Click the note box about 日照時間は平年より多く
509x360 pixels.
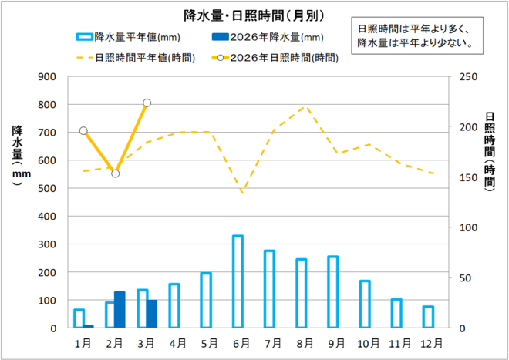[x=418, y=36]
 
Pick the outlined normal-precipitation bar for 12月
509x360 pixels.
[x=428, y=317]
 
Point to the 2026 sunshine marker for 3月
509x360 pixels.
[x=147, y=103]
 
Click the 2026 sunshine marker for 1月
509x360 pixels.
[x=83, y=131]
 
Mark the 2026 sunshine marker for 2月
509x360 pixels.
[x=116, y=173]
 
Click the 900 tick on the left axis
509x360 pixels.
[x=48, y=76]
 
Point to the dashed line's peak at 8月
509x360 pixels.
[x=305, y=106]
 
